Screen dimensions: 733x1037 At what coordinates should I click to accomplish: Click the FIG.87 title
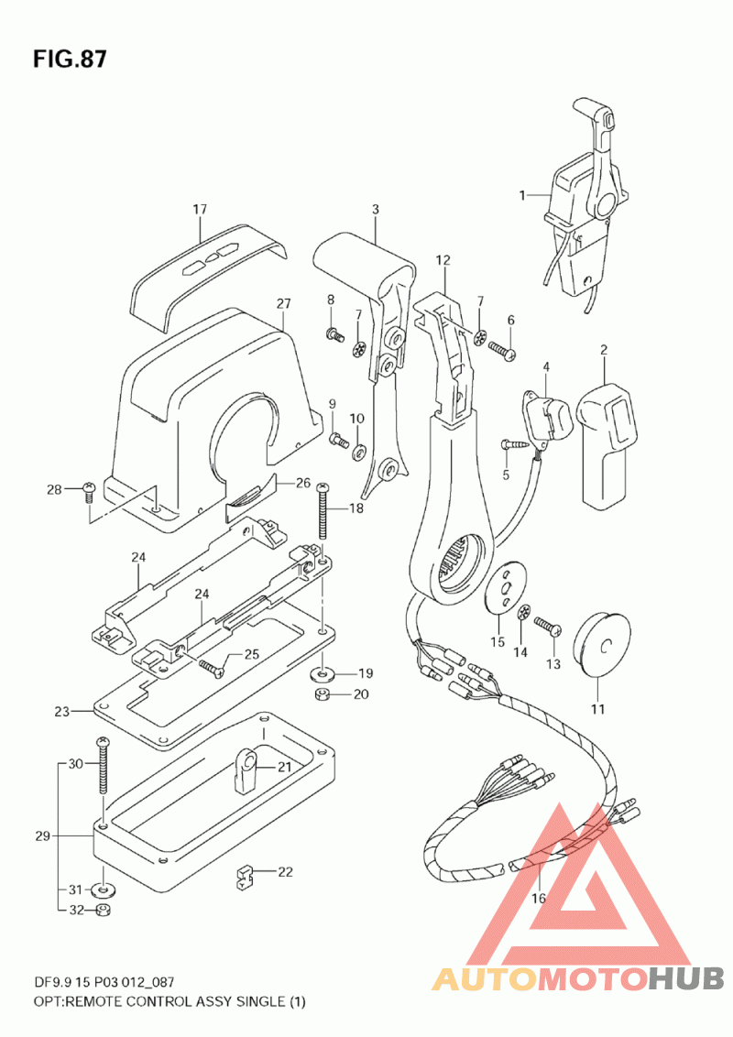point(70,60)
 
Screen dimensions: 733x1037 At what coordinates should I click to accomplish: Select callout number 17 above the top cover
point(200,209)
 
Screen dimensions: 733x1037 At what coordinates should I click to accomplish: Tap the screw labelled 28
point(89,492)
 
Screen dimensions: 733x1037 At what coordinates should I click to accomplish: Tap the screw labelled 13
point(548,626)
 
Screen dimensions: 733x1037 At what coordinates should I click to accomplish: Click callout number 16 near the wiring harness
point(539,898)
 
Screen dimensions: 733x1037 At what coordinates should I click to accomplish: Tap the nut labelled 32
point(104,911)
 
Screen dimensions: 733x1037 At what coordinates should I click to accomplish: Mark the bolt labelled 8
point(336,334)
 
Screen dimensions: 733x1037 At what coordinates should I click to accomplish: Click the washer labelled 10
point(358,452)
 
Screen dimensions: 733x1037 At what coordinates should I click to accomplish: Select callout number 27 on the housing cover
point(284,304)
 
